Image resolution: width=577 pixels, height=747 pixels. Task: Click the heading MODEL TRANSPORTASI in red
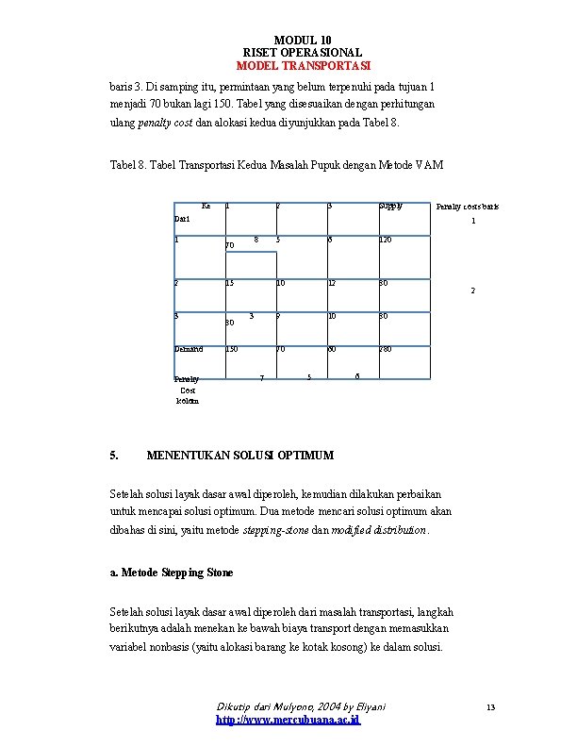(x=303, y=66)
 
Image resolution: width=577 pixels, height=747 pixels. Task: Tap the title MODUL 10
(x=303, y=39)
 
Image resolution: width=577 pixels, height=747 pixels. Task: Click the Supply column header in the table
(x=389, y=205)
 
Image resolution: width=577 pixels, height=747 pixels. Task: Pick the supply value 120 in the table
(x=386, y=241)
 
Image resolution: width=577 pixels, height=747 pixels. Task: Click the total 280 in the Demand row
(x=386, y=349)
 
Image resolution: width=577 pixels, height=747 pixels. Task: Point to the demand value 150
(x=231, y=349)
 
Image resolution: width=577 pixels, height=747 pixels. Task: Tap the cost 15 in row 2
(x=229, y=283)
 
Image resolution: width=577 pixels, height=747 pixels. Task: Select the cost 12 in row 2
(x=332, y=283)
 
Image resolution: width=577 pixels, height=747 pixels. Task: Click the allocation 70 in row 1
(x=230, y=245)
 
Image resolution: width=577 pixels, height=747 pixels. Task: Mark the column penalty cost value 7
(x=261, y=379)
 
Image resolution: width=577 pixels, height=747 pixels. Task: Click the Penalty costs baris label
(x=467, y=206)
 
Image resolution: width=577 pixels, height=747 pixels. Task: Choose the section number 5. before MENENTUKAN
(x=114, y=456)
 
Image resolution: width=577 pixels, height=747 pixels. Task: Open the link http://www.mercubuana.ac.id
(x=288, y=720)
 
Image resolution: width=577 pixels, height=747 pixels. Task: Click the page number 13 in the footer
(x=490, y=706)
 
